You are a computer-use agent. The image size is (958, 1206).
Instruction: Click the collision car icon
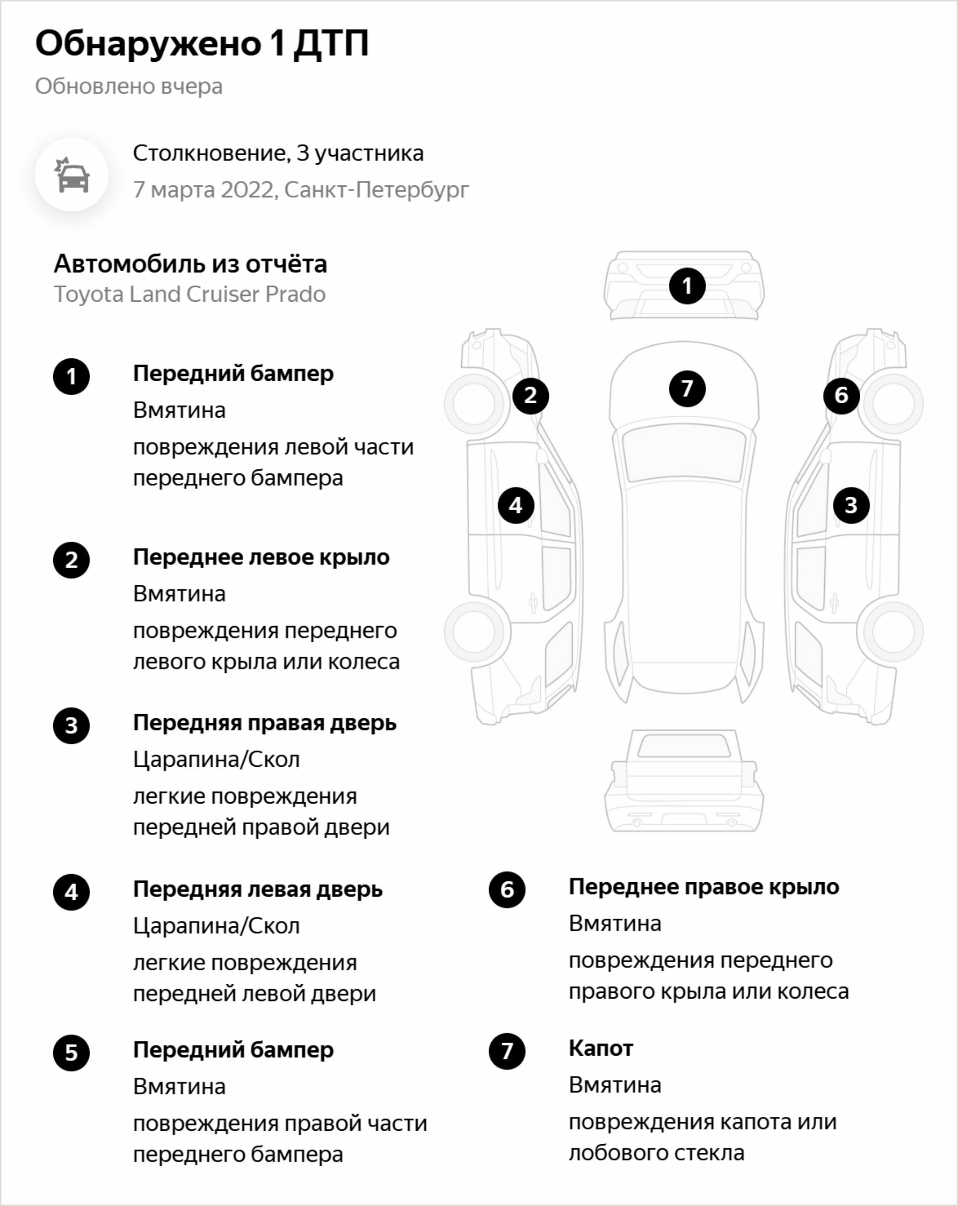click(x=72, y=174)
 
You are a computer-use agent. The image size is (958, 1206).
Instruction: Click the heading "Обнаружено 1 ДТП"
click(x=202, y=44)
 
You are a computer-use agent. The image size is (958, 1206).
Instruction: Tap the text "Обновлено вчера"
click(x=129, y=86)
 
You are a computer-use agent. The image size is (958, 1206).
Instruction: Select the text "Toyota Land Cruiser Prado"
click(x=190, y=294)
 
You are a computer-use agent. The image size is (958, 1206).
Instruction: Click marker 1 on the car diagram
click(x=687, y=286)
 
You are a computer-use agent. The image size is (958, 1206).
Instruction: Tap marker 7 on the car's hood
click(x=687, y=389)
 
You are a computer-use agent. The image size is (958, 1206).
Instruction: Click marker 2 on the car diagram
click(x=530, y=396)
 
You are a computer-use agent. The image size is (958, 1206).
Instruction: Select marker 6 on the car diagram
click(x=841, y=396)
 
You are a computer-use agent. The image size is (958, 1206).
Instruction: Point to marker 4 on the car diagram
click(x=516, y=505)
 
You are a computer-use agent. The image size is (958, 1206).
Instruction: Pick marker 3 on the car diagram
click(x=851, y=505)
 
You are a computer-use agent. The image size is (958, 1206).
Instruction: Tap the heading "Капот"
click(x=601, y=1048)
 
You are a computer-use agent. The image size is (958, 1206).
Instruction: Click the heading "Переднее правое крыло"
click(x=704, y=887)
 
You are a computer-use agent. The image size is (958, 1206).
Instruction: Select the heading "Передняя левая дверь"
click(x=258, y=889)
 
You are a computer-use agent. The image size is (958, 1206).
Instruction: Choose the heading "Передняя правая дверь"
click(x=265, y=723)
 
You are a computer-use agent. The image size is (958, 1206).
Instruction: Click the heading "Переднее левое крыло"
click(x=262, y=557)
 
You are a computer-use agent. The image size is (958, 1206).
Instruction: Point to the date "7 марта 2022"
click(x=205, y=190)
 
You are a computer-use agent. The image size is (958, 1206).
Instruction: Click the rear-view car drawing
click(x=684, y=781)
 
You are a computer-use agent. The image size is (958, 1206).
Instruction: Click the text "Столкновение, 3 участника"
click(x=278, y=153)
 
